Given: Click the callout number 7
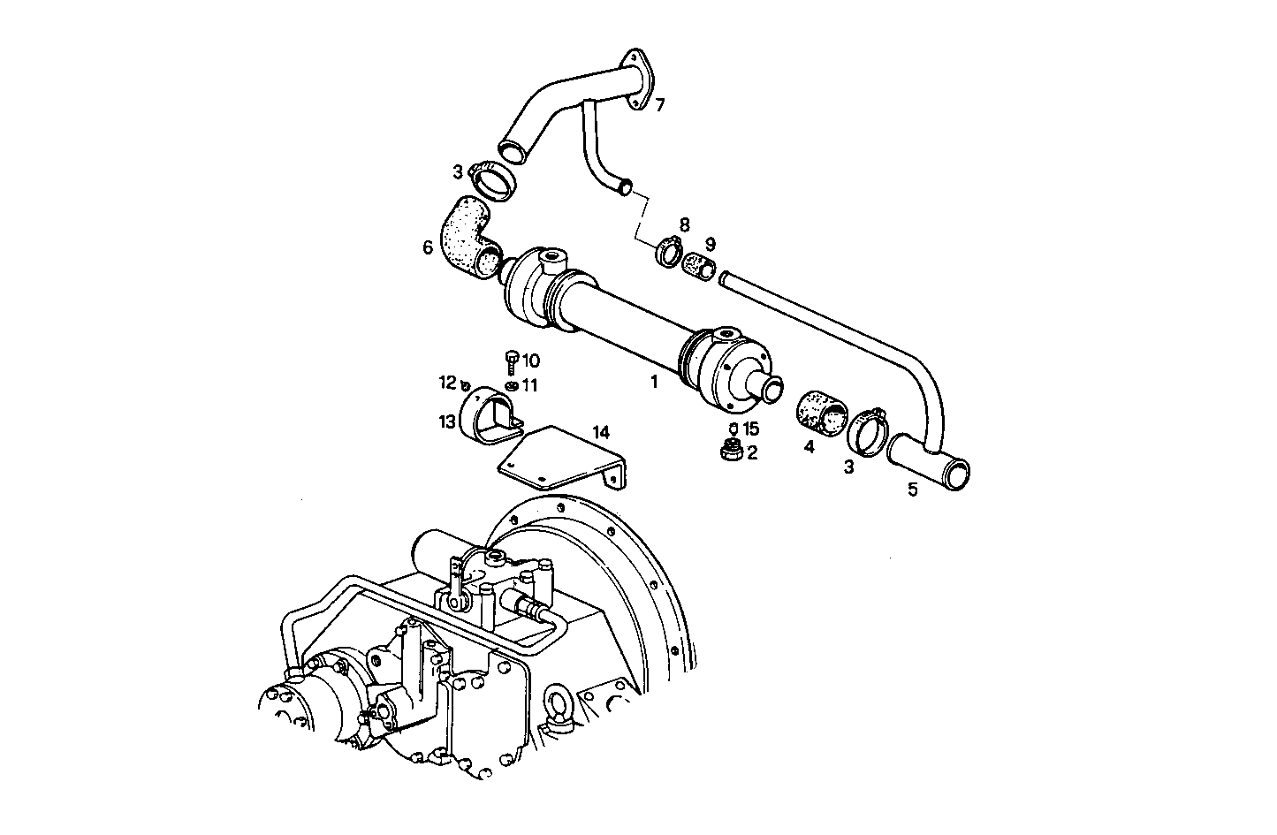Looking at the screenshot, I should (659, 105).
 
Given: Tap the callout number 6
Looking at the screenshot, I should (428, 248).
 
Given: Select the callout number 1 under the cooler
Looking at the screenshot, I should (654, 382).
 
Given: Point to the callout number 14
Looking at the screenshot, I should (601, 432).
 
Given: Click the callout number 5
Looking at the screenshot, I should (913, 488).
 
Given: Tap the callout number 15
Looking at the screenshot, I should (751, 429).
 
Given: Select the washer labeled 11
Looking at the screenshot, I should (512, 386).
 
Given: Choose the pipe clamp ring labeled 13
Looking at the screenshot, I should (491, 414).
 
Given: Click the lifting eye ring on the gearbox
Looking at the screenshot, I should (564, 702).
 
